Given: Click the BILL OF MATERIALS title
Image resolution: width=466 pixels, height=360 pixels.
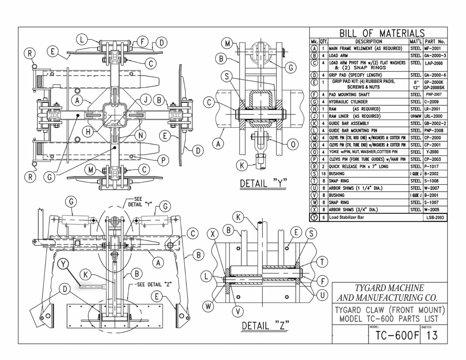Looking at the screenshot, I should (381, 33).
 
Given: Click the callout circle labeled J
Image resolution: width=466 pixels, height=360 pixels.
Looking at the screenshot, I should (145, 99).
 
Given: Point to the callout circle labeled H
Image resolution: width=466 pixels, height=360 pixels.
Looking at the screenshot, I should (89, 132).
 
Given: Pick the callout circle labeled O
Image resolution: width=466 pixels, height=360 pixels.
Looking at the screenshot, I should (293, 144).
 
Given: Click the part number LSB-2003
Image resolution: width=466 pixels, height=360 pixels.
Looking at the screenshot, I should (435, 218).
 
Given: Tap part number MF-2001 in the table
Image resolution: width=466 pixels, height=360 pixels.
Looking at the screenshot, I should (435, 48).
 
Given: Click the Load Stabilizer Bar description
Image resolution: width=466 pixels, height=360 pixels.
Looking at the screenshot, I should (349, 218).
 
